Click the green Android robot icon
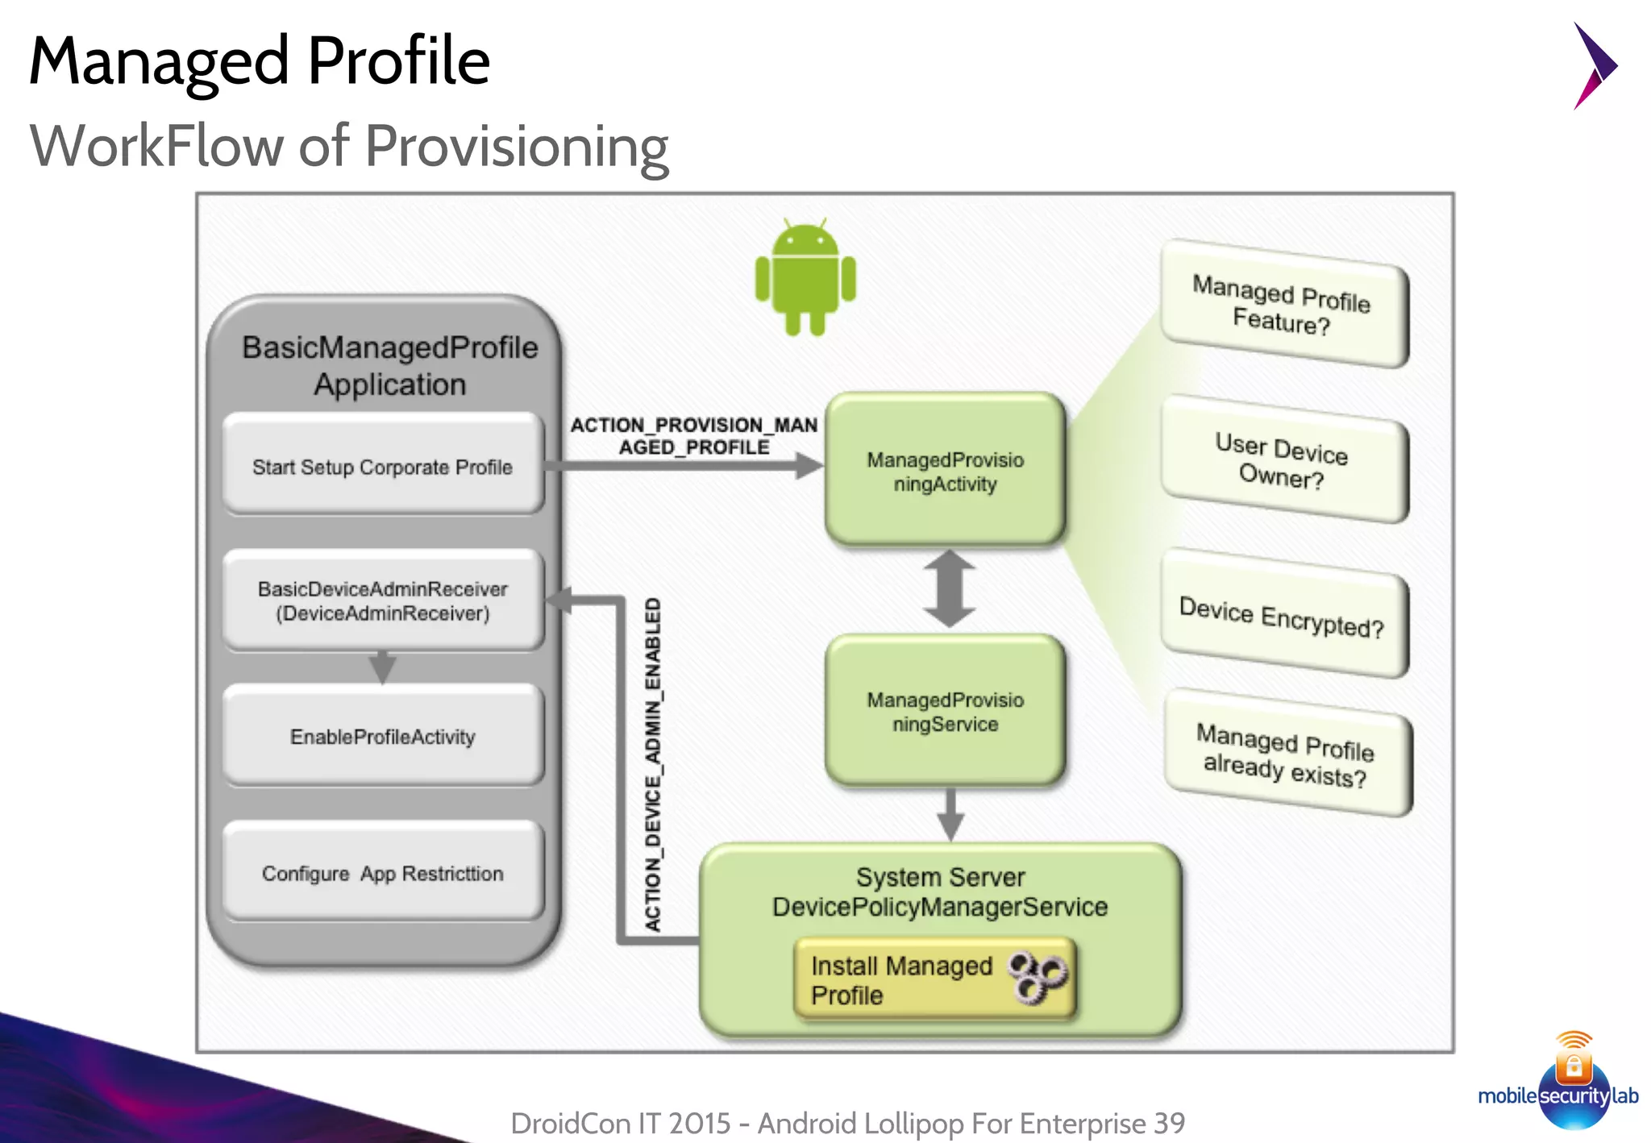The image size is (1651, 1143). point(805,278)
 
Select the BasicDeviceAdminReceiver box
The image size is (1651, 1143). point(383,601)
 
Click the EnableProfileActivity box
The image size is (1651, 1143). point(383,736)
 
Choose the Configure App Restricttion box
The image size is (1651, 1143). point(383,873)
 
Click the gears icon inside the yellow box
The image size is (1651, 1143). point(1038,976)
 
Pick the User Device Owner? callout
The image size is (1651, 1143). point(1283,460)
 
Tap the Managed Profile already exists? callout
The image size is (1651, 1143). point(1287,754)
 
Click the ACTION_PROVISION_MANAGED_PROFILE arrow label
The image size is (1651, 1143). point(694,435)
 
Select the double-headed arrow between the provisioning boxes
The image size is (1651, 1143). point(950,589)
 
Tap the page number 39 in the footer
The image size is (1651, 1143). point(1169,1123)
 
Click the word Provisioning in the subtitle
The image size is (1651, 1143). point(517,147)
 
